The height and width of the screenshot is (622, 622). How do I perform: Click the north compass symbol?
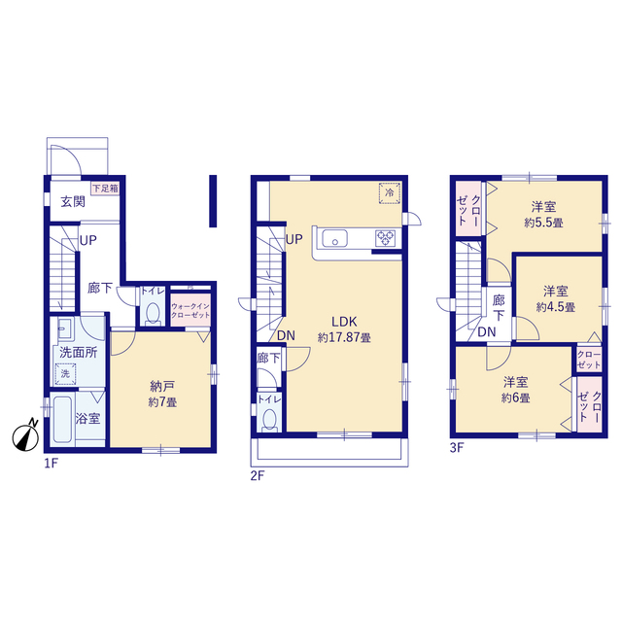(x=25, y=437)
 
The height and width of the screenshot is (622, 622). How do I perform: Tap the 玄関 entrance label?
(x=73, y=201)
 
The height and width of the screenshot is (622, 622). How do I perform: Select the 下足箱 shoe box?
(x=105, y=188)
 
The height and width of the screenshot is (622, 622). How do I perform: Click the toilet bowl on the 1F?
(x=153, y=313)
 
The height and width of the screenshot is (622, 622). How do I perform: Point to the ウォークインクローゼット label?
(x=190, y=310)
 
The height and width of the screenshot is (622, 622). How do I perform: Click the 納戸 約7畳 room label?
(x=162, y=394)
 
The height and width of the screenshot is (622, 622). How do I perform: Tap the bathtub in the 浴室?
(x=62, y=419)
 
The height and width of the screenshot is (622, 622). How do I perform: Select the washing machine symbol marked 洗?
(x=65, y=373)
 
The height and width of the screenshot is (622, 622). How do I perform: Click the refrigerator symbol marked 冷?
(x=389, y=193)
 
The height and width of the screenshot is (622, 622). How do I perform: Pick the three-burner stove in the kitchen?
(x=386, y=238)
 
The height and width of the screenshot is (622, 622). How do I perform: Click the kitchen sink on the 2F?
(x=335, y=238)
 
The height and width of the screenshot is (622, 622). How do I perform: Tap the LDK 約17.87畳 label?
(x=344, y=328)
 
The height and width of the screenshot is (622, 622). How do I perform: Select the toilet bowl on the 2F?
(x=270, y=419)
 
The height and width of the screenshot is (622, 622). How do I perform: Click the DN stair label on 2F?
(x=286, y=335)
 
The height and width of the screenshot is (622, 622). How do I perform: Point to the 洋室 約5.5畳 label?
(x=543, y=214)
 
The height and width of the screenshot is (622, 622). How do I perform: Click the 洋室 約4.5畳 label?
(x=555, y=298)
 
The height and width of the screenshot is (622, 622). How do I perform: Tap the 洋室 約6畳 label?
(x=515, y=390)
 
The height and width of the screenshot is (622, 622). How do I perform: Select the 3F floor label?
(x=457, y=447)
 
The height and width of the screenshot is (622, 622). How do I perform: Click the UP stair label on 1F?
(x=88, y=240)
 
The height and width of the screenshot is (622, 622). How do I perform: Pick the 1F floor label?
(x=52, y=464)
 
